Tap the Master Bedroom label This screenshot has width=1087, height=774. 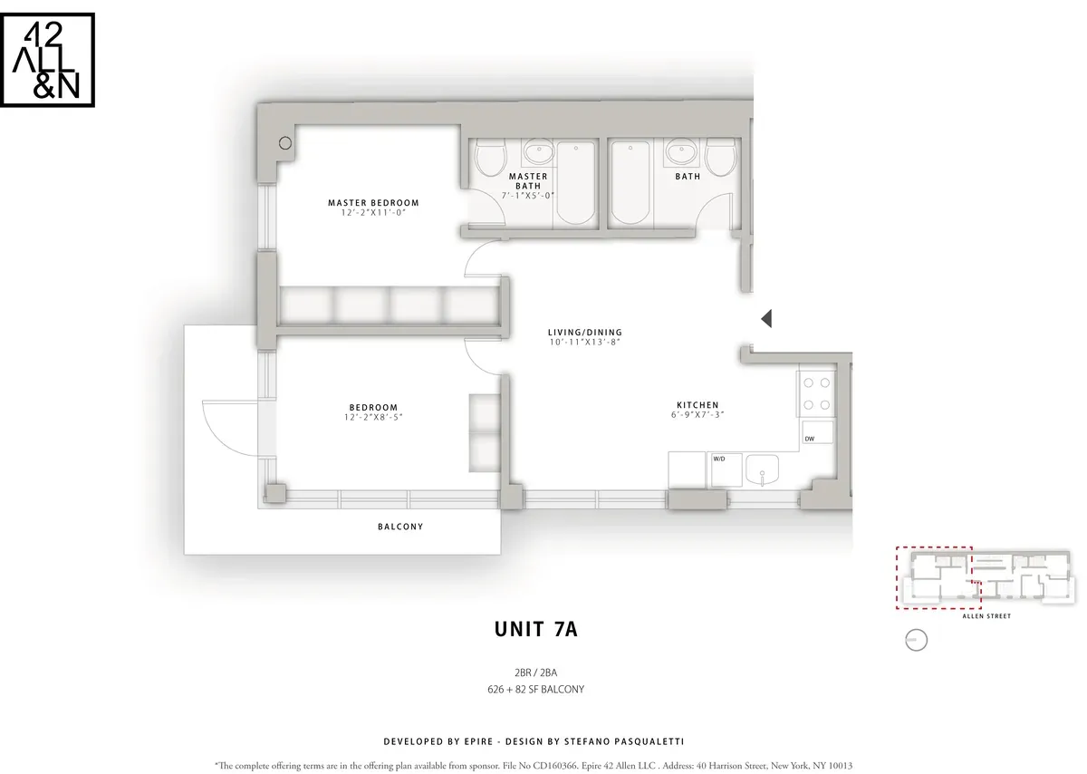[373, 203]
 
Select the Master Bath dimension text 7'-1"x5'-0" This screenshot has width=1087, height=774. [528, 195]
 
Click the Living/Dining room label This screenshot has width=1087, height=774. [584, 333]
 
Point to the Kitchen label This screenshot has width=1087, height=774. [697, 405]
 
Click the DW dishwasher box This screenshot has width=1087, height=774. [812, 437]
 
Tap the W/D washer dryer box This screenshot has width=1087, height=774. [719, 460]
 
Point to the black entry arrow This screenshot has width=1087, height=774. [765, 318]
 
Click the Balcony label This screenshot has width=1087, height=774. [400, 527]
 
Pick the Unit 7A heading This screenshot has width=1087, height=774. [535, 630]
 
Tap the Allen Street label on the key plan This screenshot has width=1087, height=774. [986, 616]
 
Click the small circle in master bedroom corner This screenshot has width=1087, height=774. [285, 143]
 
